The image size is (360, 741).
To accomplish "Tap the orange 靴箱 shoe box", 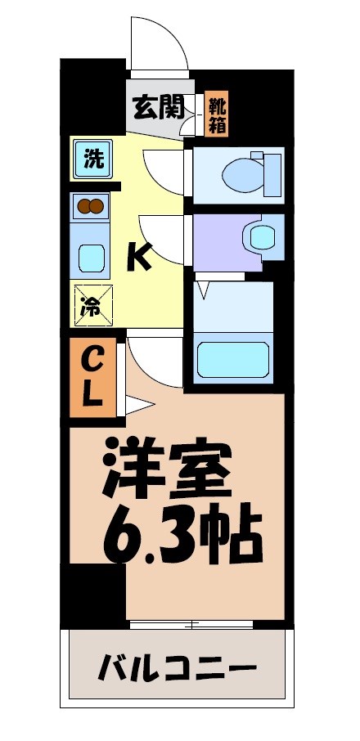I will click(217, 113).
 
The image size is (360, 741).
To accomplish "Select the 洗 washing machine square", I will click(93, 159).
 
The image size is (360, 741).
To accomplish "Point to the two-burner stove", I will click(92, 207).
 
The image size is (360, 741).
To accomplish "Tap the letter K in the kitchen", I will click(138, 258).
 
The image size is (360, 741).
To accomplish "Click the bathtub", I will click(235, 357).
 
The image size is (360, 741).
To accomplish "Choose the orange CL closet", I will click(92, 376).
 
